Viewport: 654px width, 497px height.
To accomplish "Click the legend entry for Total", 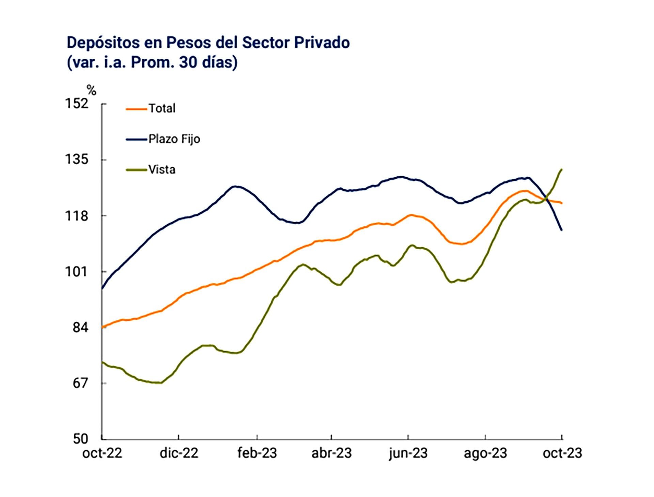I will [162, 108].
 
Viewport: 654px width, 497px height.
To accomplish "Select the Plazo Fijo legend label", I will [174, 139].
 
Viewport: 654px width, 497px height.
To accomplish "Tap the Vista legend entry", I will [161, 169].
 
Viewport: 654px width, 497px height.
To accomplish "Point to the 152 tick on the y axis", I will [77, 104].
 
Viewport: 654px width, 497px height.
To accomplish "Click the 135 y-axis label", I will [77, 160].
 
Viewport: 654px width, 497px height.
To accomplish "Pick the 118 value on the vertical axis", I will [77, 216].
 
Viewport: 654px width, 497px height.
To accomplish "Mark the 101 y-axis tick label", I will [77, 272].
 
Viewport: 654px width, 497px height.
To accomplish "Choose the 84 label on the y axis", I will [80, 328].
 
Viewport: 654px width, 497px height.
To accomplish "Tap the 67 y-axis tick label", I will [80, 383].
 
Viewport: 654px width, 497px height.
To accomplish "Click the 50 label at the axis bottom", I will [80, 439].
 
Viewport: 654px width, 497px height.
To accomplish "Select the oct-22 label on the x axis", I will [102, 453].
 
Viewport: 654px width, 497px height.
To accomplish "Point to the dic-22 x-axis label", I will [179, 453].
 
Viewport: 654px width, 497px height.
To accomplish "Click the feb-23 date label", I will [257, 453].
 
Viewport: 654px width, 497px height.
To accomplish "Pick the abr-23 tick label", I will [331, 453].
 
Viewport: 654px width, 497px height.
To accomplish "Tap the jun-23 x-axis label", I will [408, 453].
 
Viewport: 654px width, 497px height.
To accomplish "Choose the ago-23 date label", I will [485, 453].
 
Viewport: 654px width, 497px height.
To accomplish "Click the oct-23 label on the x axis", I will [562, 453].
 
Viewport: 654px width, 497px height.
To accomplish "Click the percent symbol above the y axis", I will [91, 90].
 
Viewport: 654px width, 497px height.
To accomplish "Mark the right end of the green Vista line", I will [561, 169].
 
